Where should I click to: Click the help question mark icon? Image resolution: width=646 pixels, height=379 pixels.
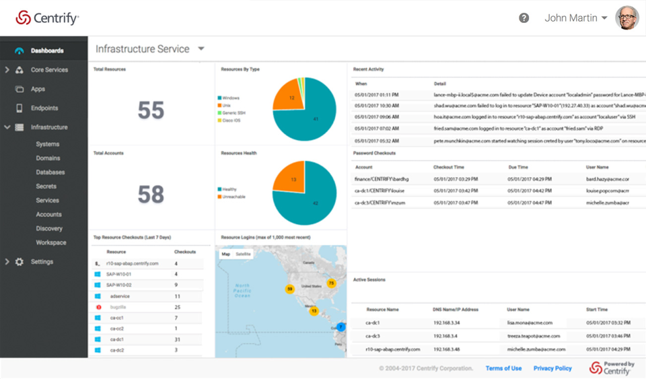[524, 18]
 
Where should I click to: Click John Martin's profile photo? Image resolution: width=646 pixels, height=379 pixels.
[626, 18]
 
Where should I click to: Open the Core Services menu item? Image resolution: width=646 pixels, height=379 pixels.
[49, 70]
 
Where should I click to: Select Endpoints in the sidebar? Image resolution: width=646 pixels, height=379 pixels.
[44, 108]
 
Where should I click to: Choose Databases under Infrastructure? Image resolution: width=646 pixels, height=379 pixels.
[50, 172]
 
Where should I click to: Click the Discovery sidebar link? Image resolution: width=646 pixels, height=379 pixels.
[49, 229]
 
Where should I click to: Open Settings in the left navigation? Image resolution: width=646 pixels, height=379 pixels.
[42, 262]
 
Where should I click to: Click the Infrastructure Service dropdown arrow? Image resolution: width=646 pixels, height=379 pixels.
[201, 49]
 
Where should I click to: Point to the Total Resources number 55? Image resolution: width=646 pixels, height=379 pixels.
[151, 110]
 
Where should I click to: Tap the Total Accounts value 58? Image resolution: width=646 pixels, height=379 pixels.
[151, 195]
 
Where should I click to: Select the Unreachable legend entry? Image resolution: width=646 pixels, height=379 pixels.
[232, 197]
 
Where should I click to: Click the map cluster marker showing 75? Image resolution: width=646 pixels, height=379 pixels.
[331, 283]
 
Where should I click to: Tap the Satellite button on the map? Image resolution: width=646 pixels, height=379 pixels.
[243, 254]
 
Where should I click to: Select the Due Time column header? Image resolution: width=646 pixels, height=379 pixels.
[518, 167]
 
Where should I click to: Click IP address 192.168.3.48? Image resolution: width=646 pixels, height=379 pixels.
[446, 349]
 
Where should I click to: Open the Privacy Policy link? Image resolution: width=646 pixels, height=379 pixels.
[552, 368]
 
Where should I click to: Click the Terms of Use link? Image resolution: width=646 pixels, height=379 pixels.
[503, 368]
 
